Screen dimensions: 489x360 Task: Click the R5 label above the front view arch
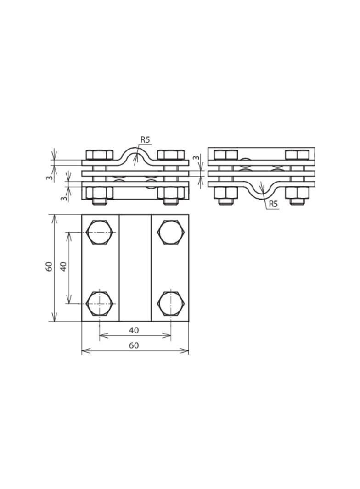pyautogui.click(x=146, y=140)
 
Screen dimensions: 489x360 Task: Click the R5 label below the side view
pyautogui.click(x=273, y=204)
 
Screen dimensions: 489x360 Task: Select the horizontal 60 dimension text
pyautogui.click(x=134, y=345)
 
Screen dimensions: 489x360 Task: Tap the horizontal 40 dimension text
pyautogui.click(x=134, y=330)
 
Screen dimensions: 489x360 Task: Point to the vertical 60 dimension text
pyautogui.click(x=49, y=267)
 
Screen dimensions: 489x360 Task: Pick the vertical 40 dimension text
pyautogui.click(x=64, y=267)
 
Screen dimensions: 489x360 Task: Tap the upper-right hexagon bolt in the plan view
pyautogui.click(x=171, y=232)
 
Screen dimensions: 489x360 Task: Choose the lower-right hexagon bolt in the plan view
pyautogui.click(x=171, y=303)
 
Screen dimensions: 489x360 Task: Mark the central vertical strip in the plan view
pyautogui.click(x=135, y=267)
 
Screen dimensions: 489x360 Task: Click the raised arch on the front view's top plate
pyautogui.click(x=135, y=151)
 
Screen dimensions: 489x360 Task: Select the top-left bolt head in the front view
pyautogui.click(x=100, y=155)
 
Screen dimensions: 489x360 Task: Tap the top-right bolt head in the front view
pyautogui.click(x=171, y=155)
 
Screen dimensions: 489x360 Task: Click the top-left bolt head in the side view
pyautogui.click(x=226, y=155)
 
